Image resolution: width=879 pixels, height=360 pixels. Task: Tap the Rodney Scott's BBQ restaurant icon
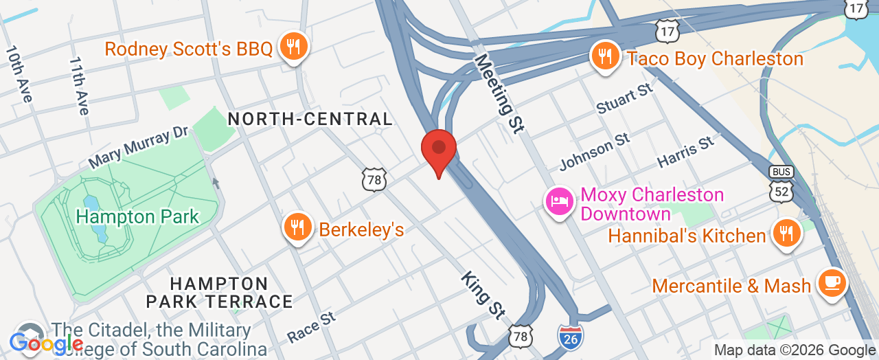click(295, 47)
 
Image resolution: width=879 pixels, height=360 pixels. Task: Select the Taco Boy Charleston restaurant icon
click(605, 57)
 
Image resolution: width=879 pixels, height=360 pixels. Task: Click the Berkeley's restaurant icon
click(297, 227)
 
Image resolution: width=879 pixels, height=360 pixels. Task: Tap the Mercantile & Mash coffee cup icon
click(832, 283)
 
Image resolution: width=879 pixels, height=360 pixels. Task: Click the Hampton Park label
click(137, 217)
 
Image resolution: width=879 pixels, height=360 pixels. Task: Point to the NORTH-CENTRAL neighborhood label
click(310, 119)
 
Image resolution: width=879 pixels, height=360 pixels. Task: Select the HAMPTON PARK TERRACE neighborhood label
click(219, 293)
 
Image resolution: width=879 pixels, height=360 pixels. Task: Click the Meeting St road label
click(499, 93)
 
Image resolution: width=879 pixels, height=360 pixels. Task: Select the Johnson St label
click(594, 152)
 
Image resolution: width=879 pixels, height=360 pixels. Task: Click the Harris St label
click(685, 152)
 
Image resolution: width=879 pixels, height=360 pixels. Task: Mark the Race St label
click(311, 326)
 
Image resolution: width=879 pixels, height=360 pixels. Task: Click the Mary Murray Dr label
click(138, 146)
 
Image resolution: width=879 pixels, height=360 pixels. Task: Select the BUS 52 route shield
click(782, 184)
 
